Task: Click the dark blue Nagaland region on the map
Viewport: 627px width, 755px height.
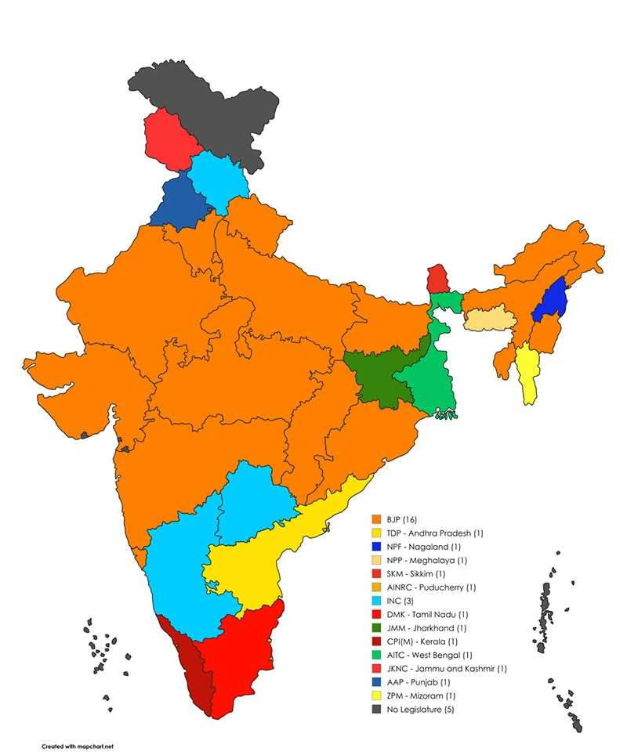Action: pos(552,299)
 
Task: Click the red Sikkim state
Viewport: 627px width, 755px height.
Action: pos(437,278)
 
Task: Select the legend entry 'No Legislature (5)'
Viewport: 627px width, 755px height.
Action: pos(422,710)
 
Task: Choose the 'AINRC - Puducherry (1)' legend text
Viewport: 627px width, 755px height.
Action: pos(430,587)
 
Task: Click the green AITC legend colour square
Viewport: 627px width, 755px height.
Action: pos(376,655)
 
